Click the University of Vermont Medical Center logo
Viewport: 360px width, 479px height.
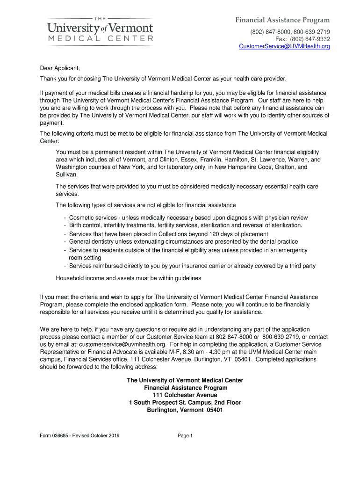click(101, 30)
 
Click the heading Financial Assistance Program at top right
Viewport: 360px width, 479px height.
click(282, 20)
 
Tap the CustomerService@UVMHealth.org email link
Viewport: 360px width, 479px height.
click(284, 46)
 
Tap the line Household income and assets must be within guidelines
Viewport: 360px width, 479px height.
click(128, 278)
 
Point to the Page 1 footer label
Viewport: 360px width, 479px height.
click(185, 435)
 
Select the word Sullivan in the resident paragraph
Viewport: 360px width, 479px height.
click(67, 174)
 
